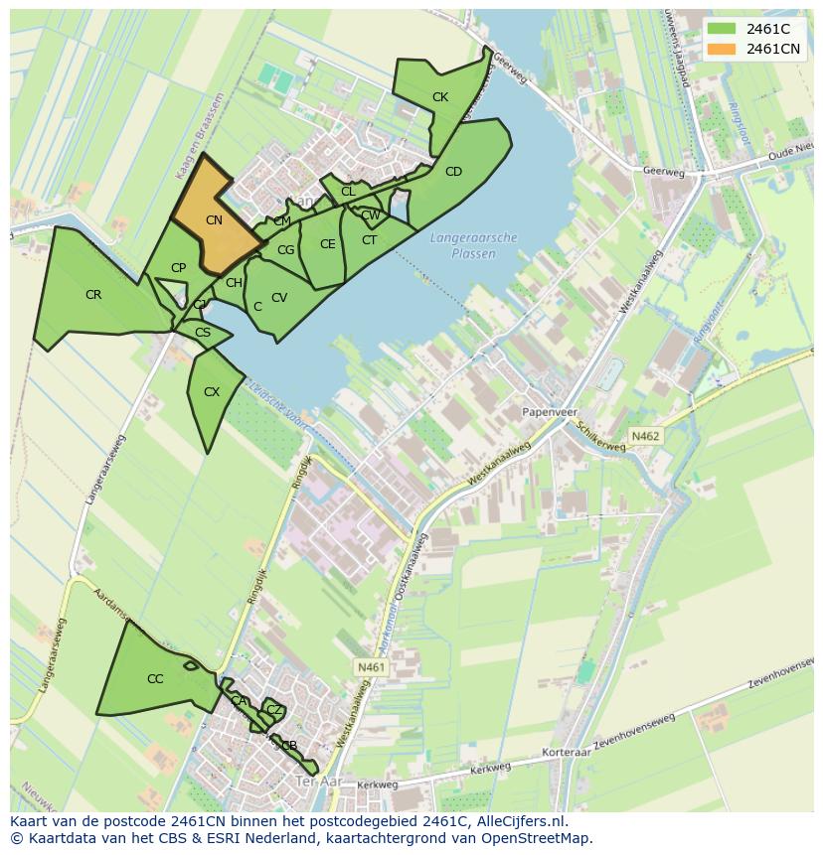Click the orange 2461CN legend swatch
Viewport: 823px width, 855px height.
[x=722, y=49]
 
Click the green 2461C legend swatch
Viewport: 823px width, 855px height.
[x=722, y=29]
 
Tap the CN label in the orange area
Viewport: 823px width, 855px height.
[x=214, y=220]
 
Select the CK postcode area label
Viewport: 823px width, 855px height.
[x=440, y=97]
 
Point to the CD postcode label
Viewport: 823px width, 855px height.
[x=453, y=172]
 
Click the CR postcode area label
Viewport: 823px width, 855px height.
[x=93, y=295]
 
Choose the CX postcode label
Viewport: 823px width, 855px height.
[x=211, y=392]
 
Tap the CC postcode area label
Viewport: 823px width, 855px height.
[x=155, y=679]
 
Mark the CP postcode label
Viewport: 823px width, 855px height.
[x=178, y=268]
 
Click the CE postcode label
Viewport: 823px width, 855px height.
[x=327, y=244]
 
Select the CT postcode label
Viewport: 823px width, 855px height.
[x=369, y=240]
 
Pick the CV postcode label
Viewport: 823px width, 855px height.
[x=279, y=298]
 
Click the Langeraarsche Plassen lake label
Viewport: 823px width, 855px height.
[x=474, y=244]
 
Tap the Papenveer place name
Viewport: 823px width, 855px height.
[x=550, y=410]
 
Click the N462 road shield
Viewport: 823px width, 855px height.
[x=645, y=436]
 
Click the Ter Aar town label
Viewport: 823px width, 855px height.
[x=319, y=783]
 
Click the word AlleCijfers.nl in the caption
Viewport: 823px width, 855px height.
[x=520, y=821]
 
